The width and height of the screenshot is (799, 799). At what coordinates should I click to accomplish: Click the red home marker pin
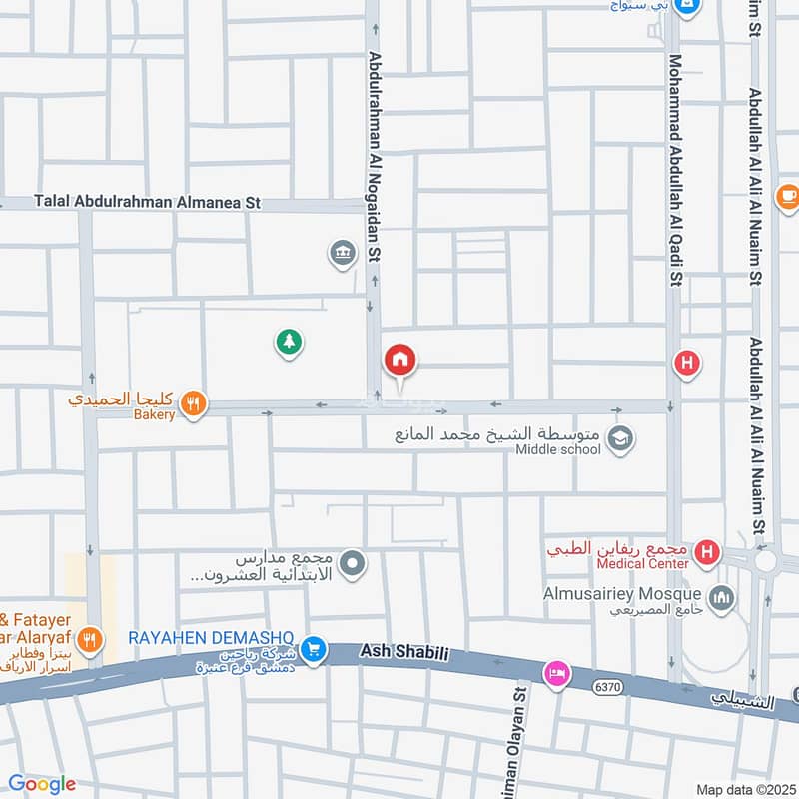click(x=400, y=360)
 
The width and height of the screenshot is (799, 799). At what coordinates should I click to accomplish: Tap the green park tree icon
click(x=289, y=343)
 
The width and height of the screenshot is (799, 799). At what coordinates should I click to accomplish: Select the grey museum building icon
click(x=343, y=254)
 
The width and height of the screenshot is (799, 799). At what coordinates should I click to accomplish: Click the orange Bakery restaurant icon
click(x=194, y=403)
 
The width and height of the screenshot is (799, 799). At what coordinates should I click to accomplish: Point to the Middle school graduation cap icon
click(x=620, y=439)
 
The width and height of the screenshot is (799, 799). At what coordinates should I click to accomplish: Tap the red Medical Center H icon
click(x=707, y=551)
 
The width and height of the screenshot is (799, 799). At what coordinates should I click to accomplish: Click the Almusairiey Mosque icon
click(x=722, y=599)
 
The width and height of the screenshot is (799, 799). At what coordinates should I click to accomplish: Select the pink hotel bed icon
click(x=556, y=674)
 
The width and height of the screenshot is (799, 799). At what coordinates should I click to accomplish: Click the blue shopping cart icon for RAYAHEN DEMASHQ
click(x=315, y=649)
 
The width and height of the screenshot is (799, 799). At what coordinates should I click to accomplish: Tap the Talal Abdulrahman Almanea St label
click(x=147, y=202)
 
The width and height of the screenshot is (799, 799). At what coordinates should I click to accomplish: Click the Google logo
click(x=42, y=784)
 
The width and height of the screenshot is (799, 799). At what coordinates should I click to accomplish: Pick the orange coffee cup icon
click(x=787, y=196)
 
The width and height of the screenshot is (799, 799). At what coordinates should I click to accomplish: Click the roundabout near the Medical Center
click(x=767, y=561)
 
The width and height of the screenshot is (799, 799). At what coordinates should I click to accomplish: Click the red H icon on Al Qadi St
click(x=686, y=363)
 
